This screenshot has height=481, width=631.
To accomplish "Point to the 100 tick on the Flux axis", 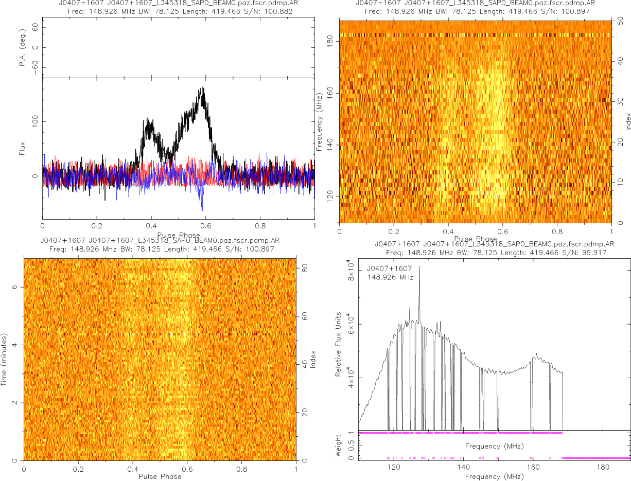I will click(35, 121).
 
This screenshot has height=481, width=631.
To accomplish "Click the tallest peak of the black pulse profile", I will click(203, 87).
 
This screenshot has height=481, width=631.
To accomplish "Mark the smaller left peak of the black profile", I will click(148, 119).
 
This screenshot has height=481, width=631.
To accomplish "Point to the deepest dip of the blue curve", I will click(202, 209).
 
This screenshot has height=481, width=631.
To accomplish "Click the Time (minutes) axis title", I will click(4, 359).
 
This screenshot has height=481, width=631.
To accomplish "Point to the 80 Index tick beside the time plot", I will click(305, 268).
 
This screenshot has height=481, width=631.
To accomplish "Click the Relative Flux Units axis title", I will click(339, 344).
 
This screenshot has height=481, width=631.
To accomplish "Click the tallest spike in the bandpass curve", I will click(419, 266).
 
